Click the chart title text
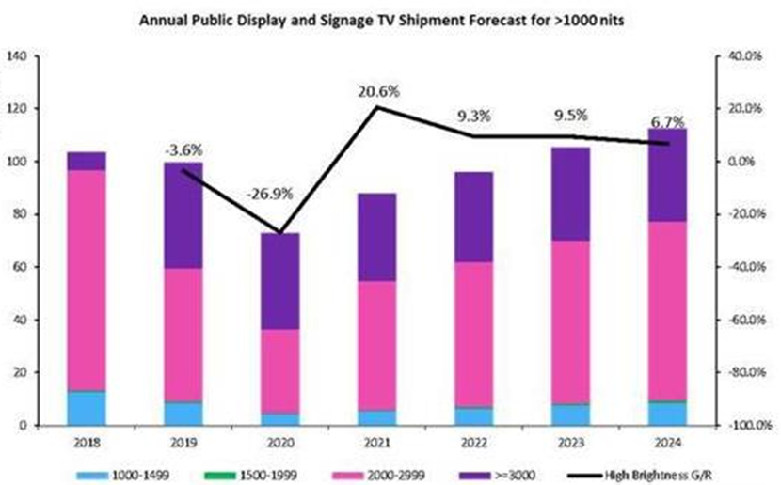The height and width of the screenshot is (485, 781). [x=381, y=21]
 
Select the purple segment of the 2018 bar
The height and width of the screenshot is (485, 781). [x=87, y=161]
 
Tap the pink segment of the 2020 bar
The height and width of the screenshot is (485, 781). [x=280, y=371]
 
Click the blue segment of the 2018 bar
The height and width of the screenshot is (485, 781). [x=87, y=408]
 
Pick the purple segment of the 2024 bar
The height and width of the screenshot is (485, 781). [x=667, y=175]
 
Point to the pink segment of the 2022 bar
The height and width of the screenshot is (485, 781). [x=473, y=335]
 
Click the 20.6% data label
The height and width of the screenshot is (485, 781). [x=378, y=91]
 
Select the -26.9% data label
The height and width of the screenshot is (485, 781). [x=269, y=194]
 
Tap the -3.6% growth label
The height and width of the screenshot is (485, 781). [x=183, y=149]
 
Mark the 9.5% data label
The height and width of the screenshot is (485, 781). [x=571, y=116]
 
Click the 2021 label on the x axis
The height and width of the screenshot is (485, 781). [x=377, y=442]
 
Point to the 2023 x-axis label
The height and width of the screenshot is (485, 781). [x=571, y=442]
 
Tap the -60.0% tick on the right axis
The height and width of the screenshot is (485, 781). [x=746, y=320]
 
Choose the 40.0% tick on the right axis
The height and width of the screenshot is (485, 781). [x=745, y=56]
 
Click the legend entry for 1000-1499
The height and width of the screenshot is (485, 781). [x=122, y=475]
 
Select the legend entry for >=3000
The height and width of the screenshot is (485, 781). [x=498, y=475]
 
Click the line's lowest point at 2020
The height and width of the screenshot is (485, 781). [x=280, y=232]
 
